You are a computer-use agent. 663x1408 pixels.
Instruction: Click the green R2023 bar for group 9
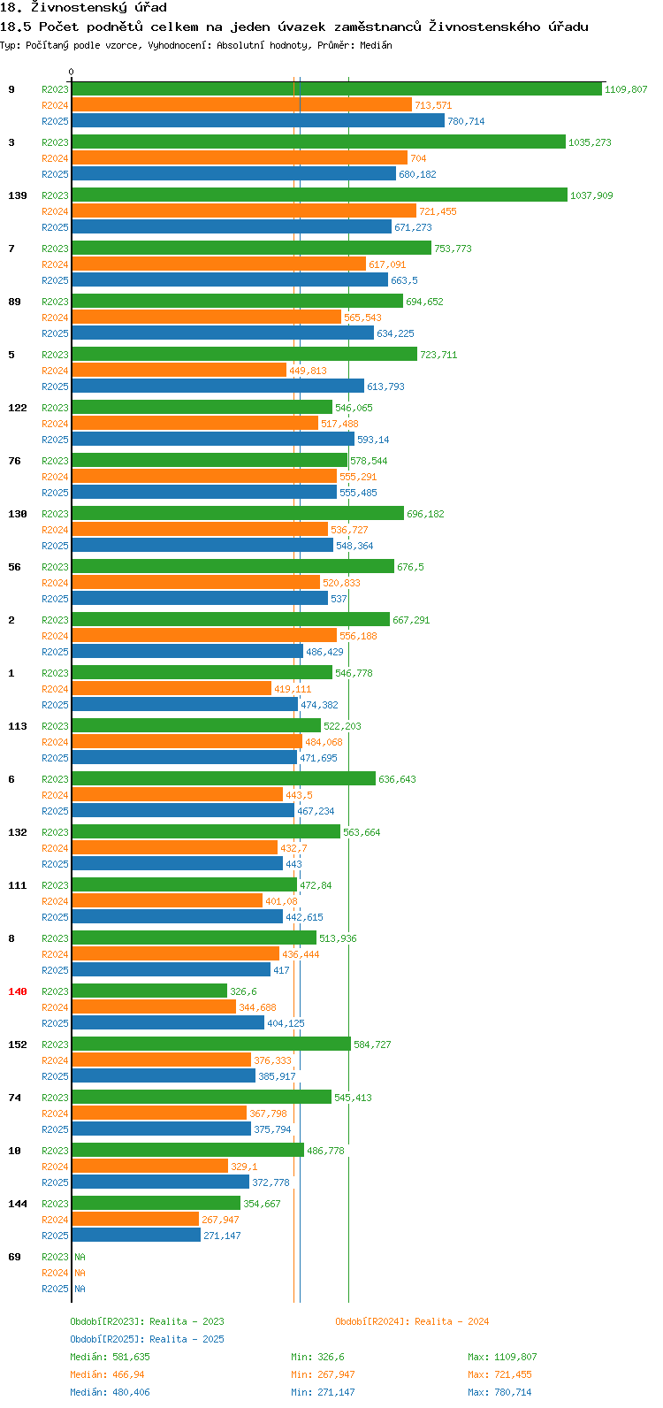point(337,89)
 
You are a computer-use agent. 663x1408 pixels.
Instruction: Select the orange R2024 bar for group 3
point(240,157)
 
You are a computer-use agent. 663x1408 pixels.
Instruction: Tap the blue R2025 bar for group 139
point(232,227)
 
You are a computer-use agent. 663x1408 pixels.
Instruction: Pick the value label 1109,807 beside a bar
point(626,89)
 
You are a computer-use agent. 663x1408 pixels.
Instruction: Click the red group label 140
point(18,991)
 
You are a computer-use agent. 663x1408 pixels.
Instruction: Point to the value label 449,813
point(308,371)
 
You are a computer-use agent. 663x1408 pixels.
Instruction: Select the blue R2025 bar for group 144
point(136,1236)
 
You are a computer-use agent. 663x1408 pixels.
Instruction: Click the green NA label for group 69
point(80,1257)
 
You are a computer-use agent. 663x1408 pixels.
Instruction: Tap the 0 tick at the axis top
point(71,72)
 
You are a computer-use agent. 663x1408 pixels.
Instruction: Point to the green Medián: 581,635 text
point(110,1357)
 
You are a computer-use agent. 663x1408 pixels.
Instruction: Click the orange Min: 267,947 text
point(323,1374)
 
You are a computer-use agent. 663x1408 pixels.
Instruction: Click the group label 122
point(18,408)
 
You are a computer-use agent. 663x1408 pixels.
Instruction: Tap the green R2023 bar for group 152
point(212,1044)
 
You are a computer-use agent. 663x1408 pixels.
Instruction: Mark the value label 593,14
point(373,440)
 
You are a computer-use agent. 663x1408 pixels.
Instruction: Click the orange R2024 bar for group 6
point(178,794)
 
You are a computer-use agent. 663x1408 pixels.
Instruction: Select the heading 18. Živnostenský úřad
point(84,8)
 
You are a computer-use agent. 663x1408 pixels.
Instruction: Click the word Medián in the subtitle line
point(376,45)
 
